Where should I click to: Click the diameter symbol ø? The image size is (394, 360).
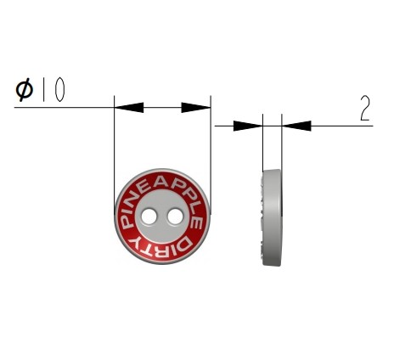coord(25,90)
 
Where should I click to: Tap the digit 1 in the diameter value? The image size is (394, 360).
coord(43,90)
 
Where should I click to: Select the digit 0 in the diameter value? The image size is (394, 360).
coord(59,90)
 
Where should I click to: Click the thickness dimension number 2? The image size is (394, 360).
coord(365,109)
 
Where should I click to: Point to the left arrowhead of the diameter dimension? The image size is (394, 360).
coord(129,108)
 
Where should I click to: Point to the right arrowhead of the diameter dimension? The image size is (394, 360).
coord(196,108)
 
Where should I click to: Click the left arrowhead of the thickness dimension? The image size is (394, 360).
coord(248,126)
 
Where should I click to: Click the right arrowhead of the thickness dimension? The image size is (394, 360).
coord(296,126)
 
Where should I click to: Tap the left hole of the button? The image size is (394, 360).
coord(149,217)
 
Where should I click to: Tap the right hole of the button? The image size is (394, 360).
coord(175,217)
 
